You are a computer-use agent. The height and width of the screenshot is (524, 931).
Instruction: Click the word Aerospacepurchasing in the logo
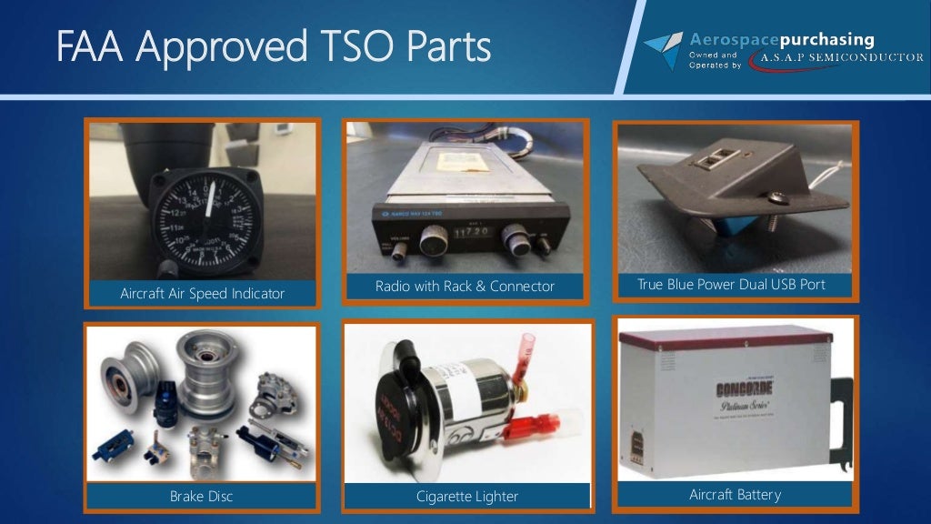782,40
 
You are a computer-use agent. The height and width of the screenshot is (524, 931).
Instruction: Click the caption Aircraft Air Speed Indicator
202,293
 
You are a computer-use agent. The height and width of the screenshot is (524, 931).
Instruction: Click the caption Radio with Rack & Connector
465,287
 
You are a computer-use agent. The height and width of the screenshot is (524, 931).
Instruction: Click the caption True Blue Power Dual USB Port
731,285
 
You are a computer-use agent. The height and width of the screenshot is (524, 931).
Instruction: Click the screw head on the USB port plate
774,197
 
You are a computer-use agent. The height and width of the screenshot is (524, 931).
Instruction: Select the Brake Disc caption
201,497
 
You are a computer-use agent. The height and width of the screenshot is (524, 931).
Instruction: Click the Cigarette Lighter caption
466,497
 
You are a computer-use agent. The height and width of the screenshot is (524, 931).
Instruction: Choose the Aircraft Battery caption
735,495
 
